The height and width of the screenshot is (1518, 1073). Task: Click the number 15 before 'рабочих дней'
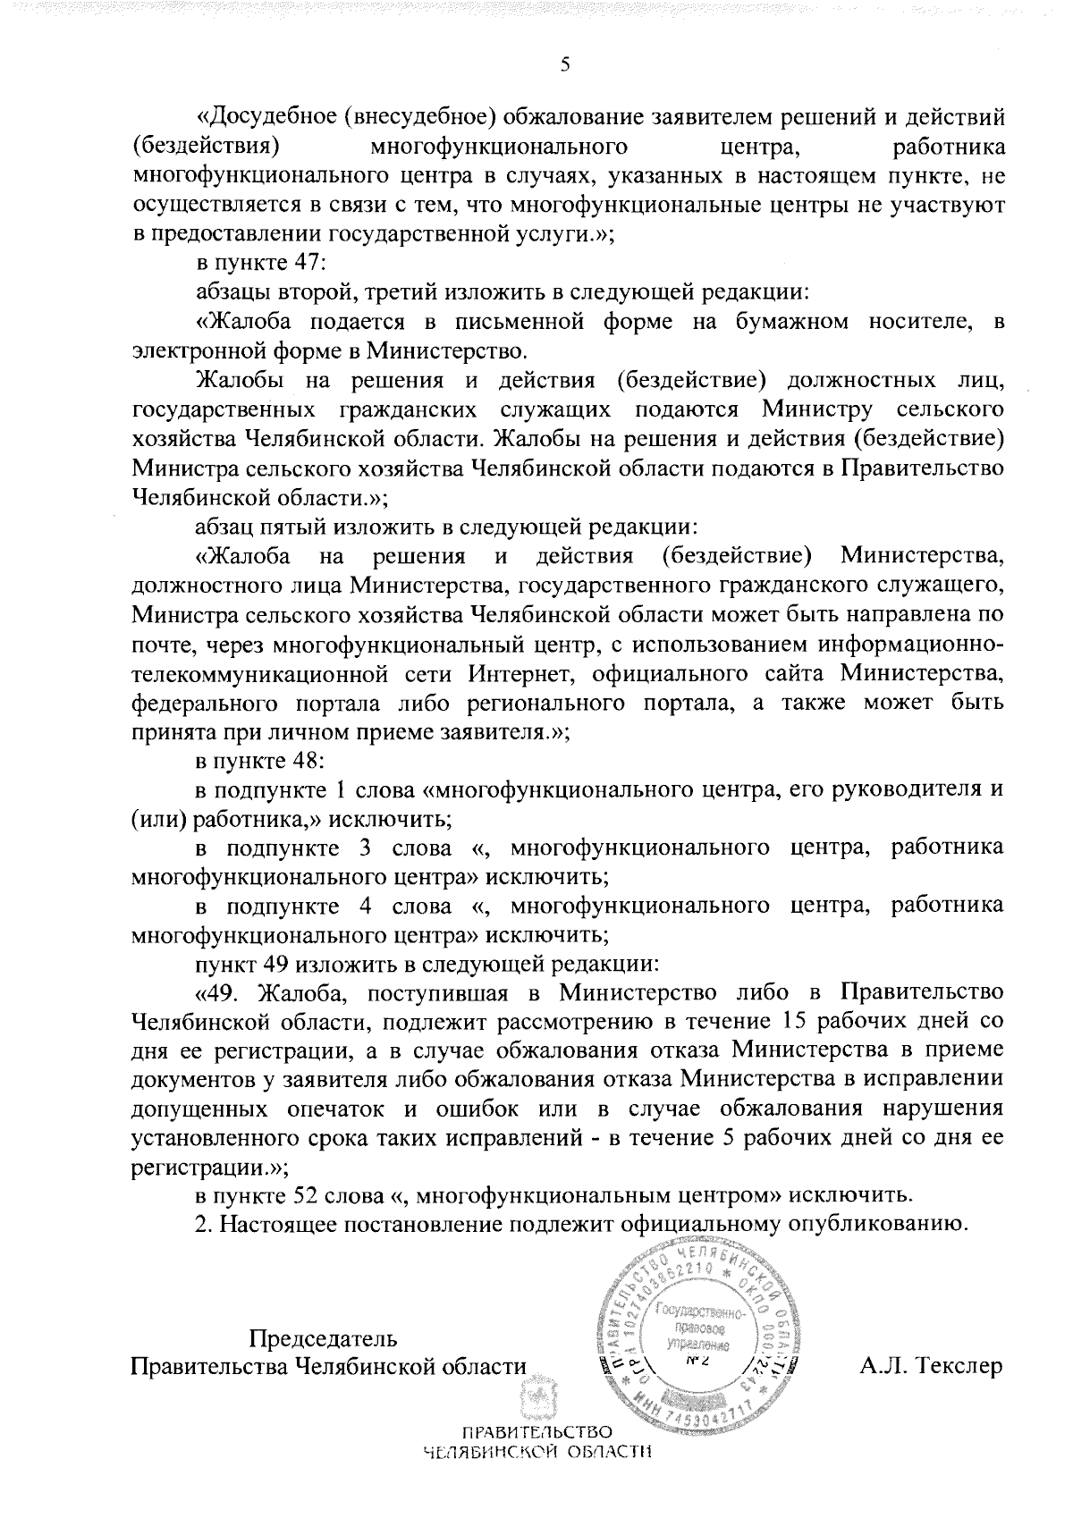[795, 1022]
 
